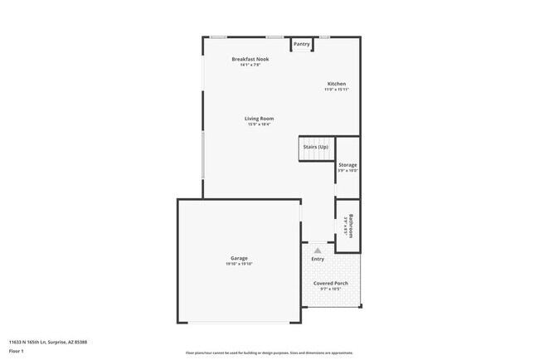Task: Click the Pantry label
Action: (301, 44)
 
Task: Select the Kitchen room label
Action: (336, 84)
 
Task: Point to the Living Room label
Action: (259, 119)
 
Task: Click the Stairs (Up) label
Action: (315, 147)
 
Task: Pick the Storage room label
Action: (347, 165)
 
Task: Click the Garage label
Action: (239, 258)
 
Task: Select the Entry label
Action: (318, 259)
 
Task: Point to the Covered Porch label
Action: (330, 284)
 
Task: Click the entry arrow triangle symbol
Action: (316, 248)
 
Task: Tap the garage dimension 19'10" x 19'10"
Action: (239, 264)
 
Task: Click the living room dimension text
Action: (259, 124)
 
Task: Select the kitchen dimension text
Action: (336, 90)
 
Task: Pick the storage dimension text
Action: (347, 171)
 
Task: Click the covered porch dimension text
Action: (330, 289)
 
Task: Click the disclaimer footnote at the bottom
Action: (269, 353)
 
